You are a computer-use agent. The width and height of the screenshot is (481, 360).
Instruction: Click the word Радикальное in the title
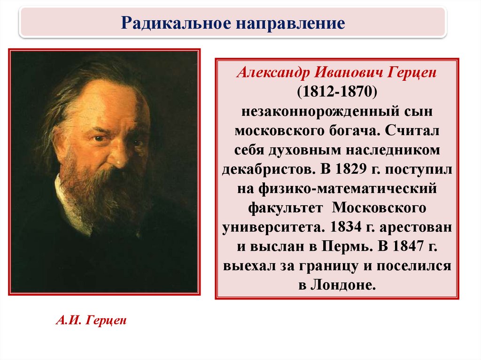tap(176, 23)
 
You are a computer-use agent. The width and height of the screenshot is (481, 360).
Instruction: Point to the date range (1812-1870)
tap(337, 92)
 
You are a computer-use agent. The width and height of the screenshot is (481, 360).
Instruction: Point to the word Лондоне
tap(343, 285)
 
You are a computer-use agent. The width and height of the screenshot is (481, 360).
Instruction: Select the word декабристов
tap(269, 169)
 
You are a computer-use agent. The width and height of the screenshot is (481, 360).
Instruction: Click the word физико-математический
tap(347, 189)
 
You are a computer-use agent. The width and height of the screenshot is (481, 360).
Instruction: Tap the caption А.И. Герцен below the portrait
tap(91, 321)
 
